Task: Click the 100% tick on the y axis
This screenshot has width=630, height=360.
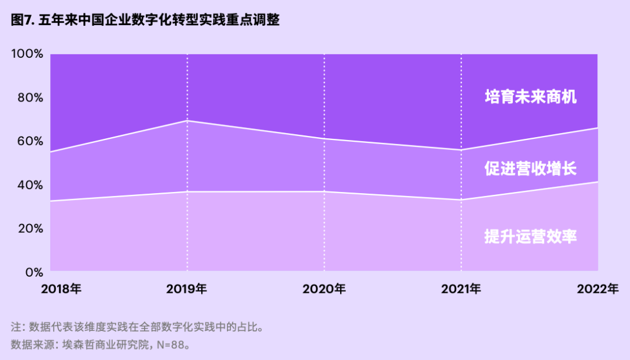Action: (x=27, y=54)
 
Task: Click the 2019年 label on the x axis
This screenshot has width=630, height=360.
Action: (x=187, y=288)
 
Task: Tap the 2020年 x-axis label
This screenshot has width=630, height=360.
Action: (x=324, y=288)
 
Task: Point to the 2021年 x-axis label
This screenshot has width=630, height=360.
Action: (x=461, y=288)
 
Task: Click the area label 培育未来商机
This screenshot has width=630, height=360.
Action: (x=530, y=97)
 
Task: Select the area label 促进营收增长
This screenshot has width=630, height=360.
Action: (x=530, y=169)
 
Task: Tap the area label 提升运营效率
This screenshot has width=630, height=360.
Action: (x=530, y=237)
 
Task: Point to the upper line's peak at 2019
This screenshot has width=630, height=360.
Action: (x=187, y=121)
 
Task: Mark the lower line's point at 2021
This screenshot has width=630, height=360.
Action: (x=461, y=200)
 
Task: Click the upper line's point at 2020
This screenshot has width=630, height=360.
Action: (x=324, y=139)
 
